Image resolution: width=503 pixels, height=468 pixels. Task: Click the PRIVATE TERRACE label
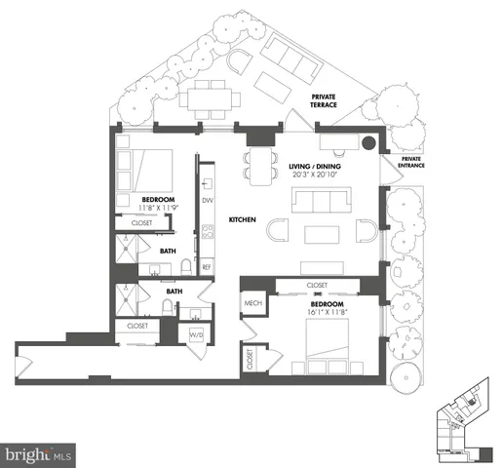tap(324, 102)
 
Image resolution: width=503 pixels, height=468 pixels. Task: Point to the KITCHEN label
tap(242, 220)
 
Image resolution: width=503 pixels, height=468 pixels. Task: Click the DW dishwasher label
tap(207, 200)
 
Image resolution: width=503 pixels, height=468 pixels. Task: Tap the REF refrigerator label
tap(207, 266)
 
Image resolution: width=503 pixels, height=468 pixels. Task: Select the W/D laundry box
tap(198, 336)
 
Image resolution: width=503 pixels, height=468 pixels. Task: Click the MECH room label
tap(251, 303)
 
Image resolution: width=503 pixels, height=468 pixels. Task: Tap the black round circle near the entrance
tap(368, 143)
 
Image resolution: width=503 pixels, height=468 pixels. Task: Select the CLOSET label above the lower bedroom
tap(317, 286)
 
